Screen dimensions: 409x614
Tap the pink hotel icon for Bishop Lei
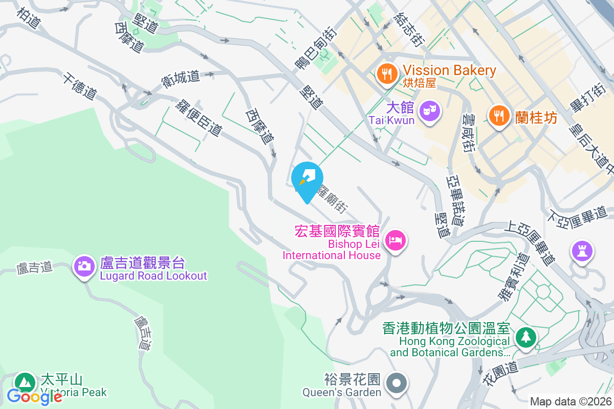396,239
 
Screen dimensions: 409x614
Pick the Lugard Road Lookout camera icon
84,265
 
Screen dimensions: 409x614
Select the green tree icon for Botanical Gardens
525,337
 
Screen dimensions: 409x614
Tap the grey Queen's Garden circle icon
396,383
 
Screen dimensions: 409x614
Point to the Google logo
35,396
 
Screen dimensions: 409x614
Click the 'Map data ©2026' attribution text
571,401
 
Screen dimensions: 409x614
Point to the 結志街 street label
408,30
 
